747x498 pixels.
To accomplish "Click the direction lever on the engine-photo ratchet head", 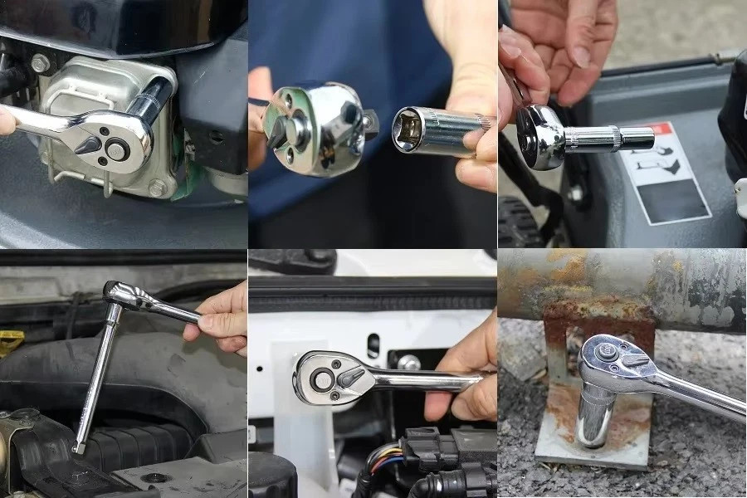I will tap(89, 143).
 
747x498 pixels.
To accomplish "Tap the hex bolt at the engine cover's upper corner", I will tap(40, 63).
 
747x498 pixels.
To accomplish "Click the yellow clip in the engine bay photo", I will tap(11, 341).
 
